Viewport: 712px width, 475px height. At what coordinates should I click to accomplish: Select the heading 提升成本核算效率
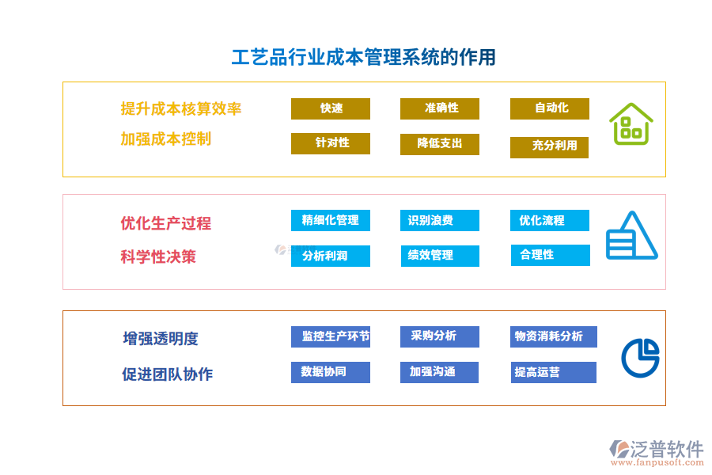(x=181, y=109)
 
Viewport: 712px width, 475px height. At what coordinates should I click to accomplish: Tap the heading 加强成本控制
(x=165, y=139)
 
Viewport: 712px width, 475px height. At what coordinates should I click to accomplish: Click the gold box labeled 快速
(x=331, y=108)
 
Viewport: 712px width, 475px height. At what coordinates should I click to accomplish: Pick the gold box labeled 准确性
(x=440, y=108)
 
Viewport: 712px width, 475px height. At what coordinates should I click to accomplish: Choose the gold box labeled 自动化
(x=550, y=108)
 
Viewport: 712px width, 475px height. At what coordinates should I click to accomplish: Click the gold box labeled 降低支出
(x=440, y=144)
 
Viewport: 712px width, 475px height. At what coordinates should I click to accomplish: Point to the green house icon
(x=631, y=124)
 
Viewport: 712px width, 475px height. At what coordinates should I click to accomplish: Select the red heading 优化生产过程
(x=165, y=223)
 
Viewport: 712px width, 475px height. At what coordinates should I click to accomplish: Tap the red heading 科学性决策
(x=158, y=256)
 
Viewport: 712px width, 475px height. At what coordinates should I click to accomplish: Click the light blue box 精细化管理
(x=331, y=220)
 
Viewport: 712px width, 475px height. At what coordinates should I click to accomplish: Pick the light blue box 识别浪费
(x=439, y=220)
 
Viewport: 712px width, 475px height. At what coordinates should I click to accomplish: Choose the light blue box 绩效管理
(x=440, y=256)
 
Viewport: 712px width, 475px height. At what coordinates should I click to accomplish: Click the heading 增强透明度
(x=161, y=339)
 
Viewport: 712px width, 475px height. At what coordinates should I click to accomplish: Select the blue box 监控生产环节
(x=331, y=336)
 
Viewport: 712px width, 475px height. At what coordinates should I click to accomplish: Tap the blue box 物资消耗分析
(x=553, y=336)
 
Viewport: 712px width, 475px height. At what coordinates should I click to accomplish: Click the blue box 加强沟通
(x=439, y=372)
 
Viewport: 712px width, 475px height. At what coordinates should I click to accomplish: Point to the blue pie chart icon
(x=640, y=357)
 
